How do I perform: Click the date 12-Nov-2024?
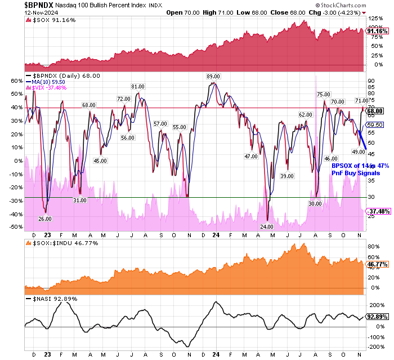pyautogui.click(x=20, y=12)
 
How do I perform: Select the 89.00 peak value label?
pyautogui.click(x=213, y=76)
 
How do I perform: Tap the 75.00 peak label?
pyautogui.click(x=323, y=94)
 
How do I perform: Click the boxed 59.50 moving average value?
pyautogui.click(x=374, y=125)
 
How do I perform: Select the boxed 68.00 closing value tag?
pyautogui.click(x=375, y=111)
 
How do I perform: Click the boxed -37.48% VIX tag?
pyautogui.click(x=377, y=212)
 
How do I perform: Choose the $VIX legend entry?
pyautogui.click(x=50, y=87)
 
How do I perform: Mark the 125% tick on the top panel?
pyautogui.click(x=374, y=19)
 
